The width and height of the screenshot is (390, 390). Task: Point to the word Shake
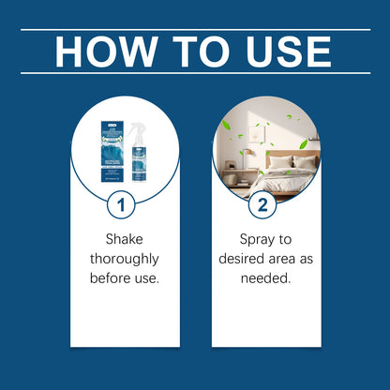point(124,238)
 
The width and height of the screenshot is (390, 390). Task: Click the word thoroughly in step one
point(124,258)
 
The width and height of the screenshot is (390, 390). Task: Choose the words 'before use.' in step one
point(124,277)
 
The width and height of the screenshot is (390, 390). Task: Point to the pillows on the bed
point(292,160)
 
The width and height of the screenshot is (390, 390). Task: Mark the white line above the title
point(195,29)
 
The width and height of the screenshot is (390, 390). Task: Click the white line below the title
point(195,73)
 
